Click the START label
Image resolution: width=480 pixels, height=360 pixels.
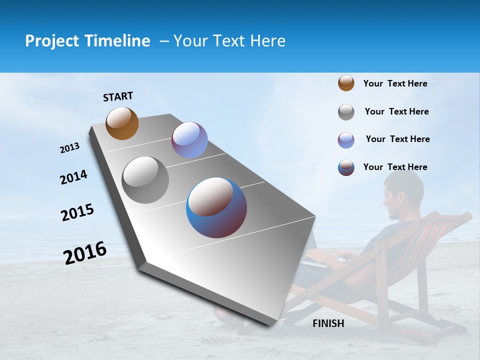click(118, 96)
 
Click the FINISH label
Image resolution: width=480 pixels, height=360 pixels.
click(328, 323)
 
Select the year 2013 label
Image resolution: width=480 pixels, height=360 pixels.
click(69, 148)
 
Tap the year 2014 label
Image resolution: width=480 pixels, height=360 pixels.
click(73, 177)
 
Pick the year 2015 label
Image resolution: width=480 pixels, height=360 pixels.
click(77, 212)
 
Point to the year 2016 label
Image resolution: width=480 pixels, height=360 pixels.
click(85, 253)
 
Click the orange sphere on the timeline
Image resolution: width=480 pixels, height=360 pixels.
click(122, 123)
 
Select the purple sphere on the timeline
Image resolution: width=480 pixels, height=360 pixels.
click(189, 140)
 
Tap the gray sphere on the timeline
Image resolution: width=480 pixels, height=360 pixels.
click(145, 179)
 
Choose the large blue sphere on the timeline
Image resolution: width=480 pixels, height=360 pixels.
click(216, 207)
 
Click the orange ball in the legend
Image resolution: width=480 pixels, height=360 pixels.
click(346, 83)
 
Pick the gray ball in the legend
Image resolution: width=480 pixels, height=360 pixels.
click(346, 112)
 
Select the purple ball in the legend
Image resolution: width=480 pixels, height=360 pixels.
click(346, 140)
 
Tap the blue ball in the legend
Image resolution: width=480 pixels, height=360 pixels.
click(346, 167)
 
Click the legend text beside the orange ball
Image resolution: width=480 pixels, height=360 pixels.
click(395, 83)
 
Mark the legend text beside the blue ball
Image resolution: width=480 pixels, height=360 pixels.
click(395, 167)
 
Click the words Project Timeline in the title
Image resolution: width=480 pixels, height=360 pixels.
click(87, 41)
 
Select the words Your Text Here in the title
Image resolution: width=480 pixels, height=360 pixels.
click(229, 41)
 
